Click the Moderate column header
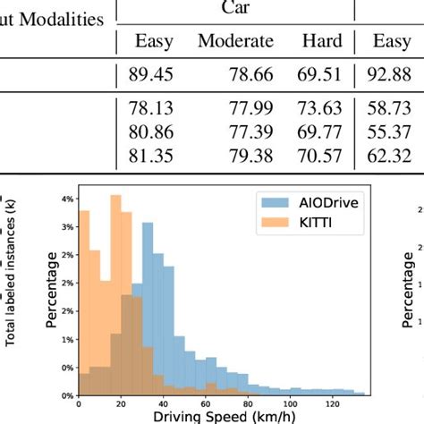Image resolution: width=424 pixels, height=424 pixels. (235, 41)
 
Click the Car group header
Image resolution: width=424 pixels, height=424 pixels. (235, 7)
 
